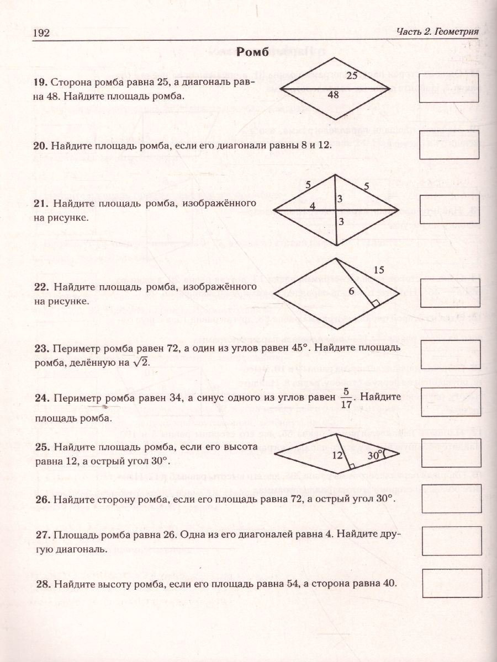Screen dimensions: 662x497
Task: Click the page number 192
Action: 41,33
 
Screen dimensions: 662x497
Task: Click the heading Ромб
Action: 252,52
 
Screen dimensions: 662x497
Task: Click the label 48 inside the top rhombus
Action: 333,95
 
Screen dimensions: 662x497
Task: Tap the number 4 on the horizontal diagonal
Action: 313,206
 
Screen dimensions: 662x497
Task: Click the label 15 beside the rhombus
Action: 378,270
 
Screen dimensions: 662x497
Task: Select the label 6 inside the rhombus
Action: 351,292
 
